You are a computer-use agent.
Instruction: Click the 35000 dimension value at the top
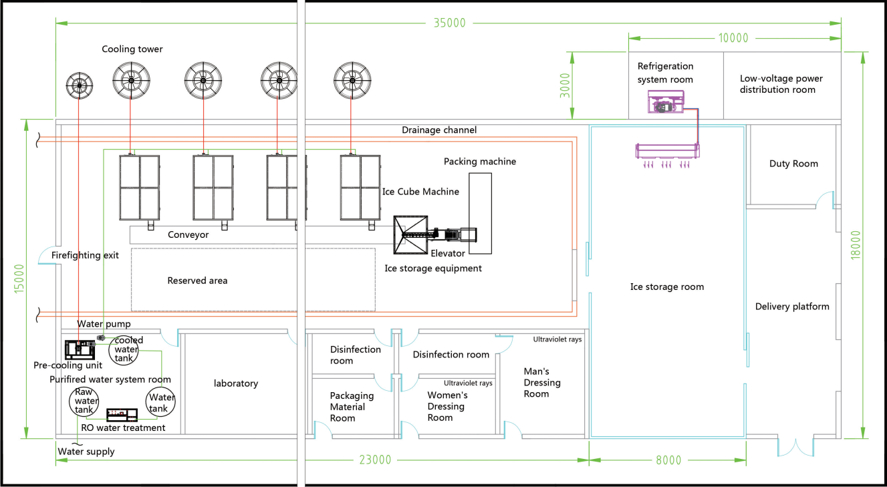449,23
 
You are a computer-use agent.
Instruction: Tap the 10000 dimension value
733,38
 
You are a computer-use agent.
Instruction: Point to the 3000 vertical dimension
567,86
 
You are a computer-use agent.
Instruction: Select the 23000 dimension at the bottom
375,460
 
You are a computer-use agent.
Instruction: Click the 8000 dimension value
668,460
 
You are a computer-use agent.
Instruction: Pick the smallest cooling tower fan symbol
79,85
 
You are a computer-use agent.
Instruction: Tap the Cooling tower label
132,49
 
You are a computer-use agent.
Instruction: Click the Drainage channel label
439,130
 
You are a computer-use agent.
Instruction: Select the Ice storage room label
666,287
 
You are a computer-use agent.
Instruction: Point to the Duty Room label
793,164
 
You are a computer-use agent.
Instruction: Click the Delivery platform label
792,307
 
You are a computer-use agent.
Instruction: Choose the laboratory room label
236,383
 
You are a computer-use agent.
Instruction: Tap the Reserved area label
197,281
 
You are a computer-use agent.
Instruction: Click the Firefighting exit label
85,255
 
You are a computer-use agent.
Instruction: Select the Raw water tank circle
84,401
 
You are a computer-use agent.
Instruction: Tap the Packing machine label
480,162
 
